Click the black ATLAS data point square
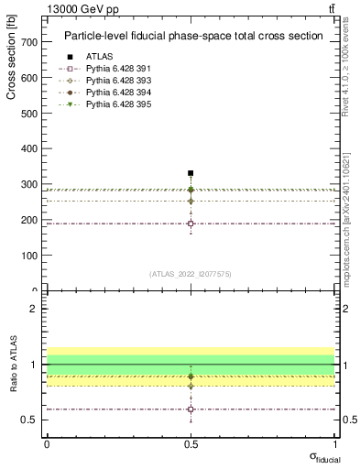click(x=191, y=173)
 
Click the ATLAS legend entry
click(x=99, y=57)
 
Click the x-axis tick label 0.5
click(x=191, y=444)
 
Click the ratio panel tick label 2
click(x=33, y=309)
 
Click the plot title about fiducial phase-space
click(x=192, y=37)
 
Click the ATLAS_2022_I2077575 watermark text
click(x=191, y=274)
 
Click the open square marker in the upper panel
click(x=191, y=224)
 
